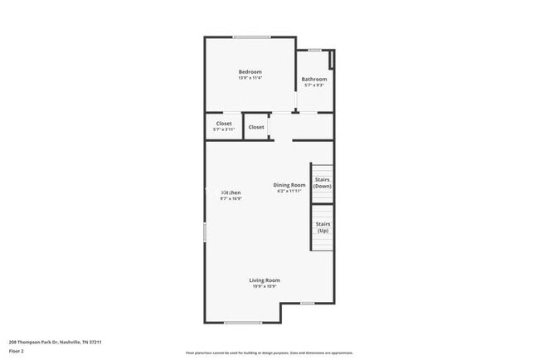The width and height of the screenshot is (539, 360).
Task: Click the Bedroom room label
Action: pyautogui.click(x=250, y=72)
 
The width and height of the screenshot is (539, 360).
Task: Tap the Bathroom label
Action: pyautogui.click(x=313, y=80)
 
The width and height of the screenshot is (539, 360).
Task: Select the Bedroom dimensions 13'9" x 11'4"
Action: pyautogui.click(x=250, y=78)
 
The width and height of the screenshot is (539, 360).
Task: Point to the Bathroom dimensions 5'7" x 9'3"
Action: pyautogui.click(x=313, y=85)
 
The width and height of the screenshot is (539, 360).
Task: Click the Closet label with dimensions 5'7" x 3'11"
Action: pyautogui.click(x=224, y=124)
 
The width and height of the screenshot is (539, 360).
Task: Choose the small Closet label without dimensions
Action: pyautogui.click(x=256, y=127)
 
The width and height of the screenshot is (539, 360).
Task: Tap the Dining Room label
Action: pyautogui.click(x=290, y=185)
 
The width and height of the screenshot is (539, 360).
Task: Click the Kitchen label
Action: pyautogui.click(x=231, y=192)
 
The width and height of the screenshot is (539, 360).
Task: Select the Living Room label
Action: pyautogui.click(x=265, y=280)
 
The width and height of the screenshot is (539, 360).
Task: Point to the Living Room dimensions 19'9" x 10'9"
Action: pyautogui.click(x=265, y=286)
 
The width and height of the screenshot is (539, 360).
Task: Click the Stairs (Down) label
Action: pyautogui.click(x=323, y=183)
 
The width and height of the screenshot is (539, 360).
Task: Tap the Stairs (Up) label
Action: pyautogui.click(x=323, y=227)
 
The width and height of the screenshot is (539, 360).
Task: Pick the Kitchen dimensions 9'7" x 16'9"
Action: pyautogui.click(x=231, y=199)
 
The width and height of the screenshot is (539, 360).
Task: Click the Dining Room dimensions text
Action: pyautogui.click(x=290, y=192)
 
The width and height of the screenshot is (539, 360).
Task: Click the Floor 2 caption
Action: pyautogui.click(x=17, y=351)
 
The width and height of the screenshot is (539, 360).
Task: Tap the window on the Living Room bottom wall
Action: pyautogui.click(x=243, y=323)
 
